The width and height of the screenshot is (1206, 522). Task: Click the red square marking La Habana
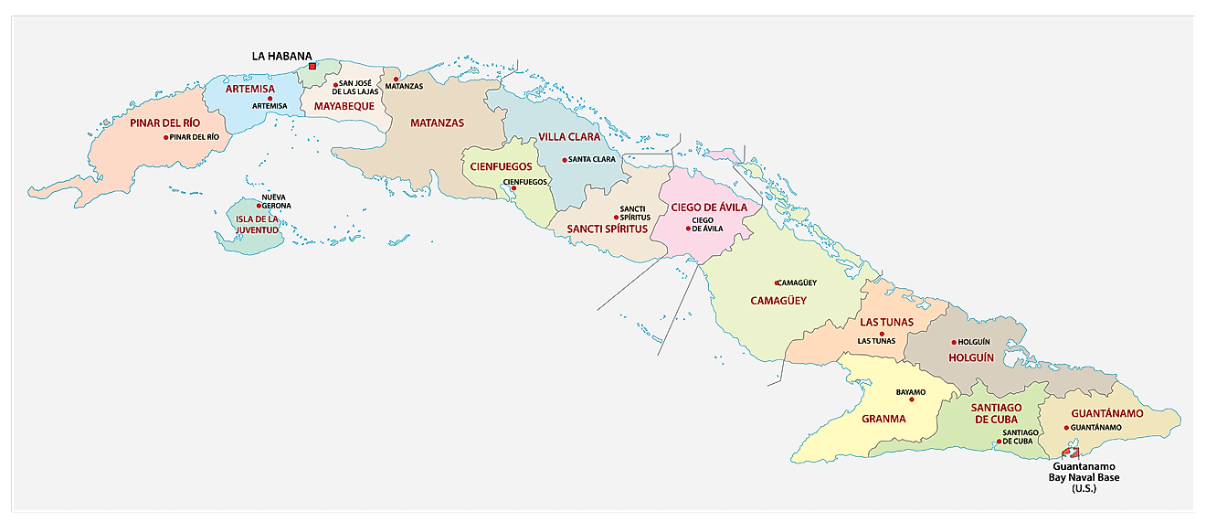[x=312, y=66]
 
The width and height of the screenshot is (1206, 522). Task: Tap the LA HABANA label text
[x=282, y=56]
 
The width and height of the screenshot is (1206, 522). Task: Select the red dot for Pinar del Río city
[x=166, y=137]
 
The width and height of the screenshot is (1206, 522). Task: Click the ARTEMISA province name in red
[x=250, y=88]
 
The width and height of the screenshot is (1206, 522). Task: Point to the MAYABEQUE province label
[x=344, y=106]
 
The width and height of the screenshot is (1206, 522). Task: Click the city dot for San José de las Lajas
[x=335, y=84]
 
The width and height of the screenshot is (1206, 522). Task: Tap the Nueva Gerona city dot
[x=259, y=206]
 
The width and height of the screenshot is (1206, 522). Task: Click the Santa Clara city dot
[x=565, y=160]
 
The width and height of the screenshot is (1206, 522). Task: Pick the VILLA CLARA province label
[x=569, y=137]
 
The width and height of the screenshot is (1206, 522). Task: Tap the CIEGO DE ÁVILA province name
[x=709, y=208]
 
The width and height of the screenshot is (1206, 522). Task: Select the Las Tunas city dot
[x=882, y=334]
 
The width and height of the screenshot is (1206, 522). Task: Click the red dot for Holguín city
[x=954, y=342]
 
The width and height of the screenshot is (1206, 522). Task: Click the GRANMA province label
[x=883, y=419]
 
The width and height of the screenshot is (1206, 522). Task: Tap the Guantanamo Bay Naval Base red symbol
[x=1072, y=453]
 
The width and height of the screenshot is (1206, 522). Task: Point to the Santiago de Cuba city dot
[x=999, y=441]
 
